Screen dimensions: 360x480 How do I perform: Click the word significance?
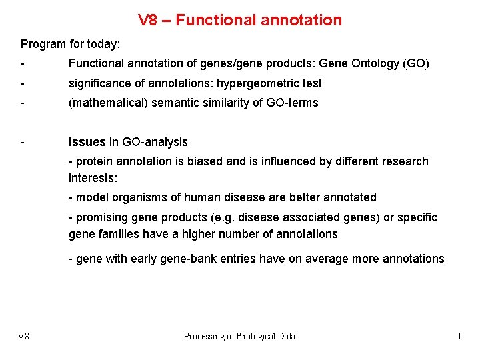pos(99,83)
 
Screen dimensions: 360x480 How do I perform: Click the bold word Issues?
pos(87,142)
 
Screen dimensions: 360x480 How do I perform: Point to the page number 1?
pos(459,337)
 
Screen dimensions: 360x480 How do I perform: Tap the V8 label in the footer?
pos(24,337)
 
